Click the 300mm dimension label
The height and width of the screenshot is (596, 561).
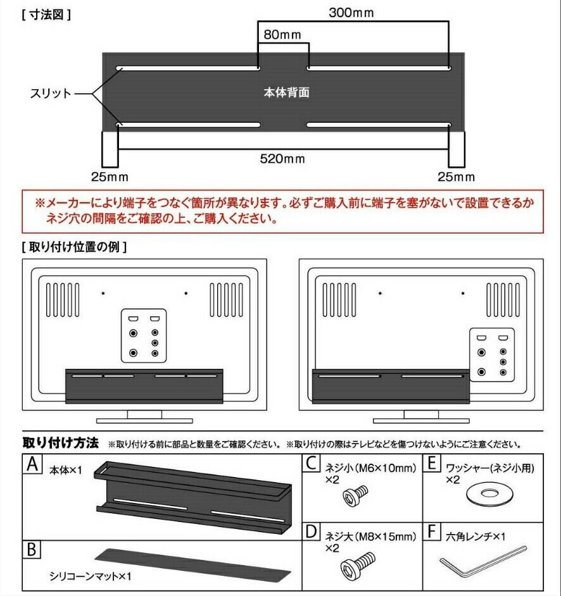(x=351, y=13)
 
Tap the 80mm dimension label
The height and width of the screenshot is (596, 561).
(x=282, y=35)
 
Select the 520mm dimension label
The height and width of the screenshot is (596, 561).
(x=282, y=158)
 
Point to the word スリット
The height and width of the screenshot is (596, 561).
(x=51, y=94)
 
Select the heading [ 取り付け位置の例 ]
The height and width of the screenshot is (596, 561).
(x=74, y=247)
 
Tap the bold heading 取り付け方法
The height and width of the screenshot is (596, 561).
(x=60, y=443)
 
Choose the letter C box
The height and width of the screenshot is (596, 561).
(x=311, y=464)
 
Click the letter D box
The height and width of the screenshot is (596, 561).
(x=311, y=531)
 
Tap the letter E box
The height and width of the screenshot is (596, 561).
(x=432, y=464)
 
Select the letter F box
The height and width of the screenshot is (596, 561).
(x=432, y=531)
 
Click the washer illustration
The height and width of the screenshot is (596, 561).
(x=488, y=495)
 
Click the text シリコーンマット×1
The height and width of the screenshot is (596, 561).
(x=90, y=576)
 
